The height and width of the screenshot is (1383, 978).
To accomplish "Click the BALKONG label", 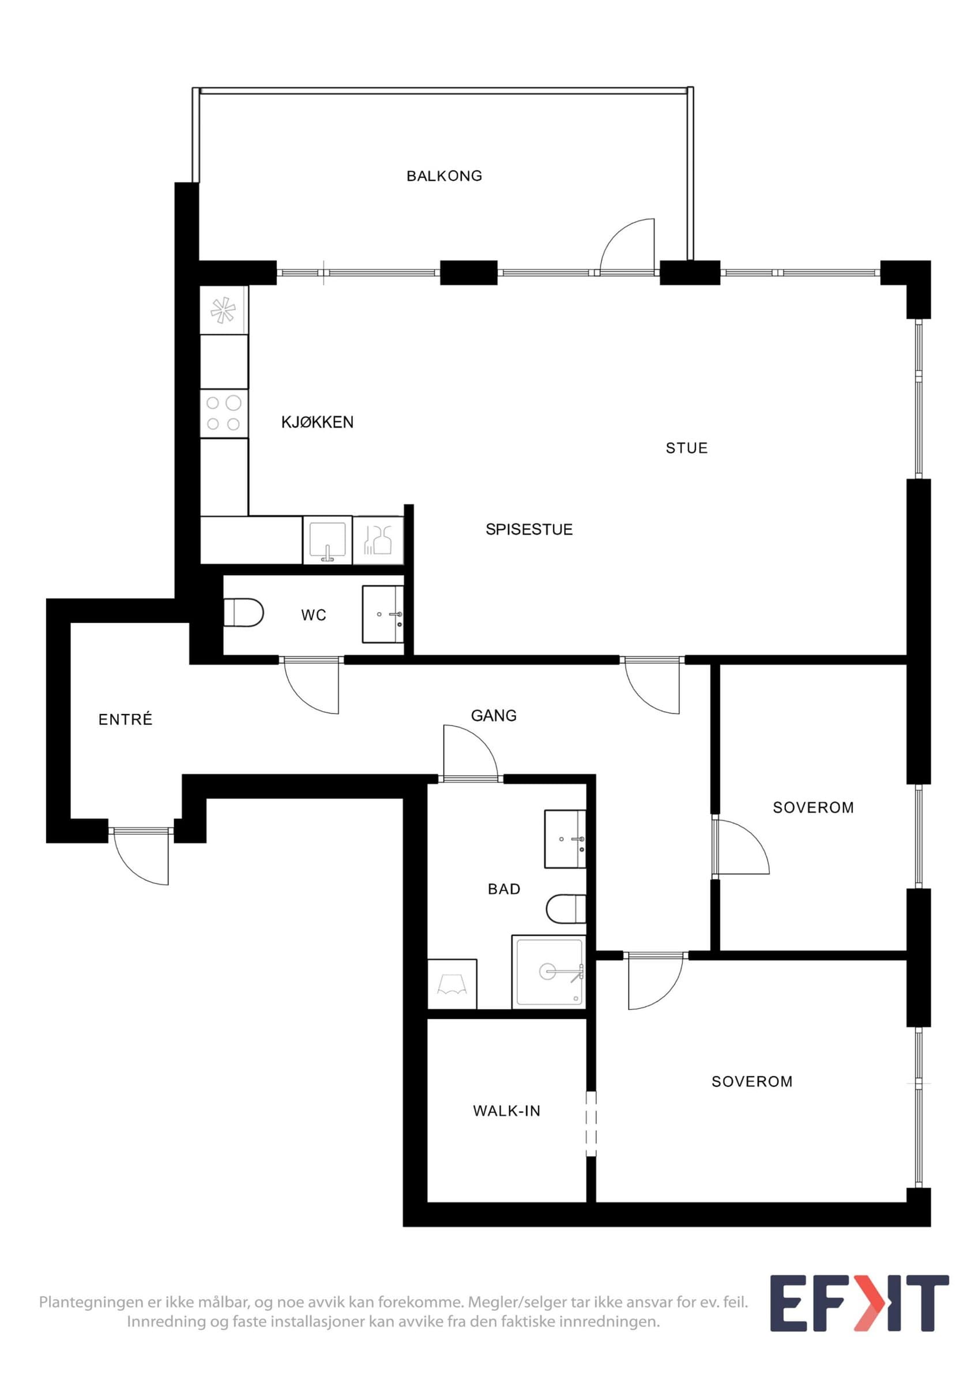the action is coord(444,176).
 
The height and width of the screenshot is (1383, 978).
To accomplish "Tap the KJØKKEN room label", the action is coord(318,422).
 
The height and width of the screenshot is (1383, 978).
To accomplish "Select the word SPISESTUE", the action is coord(529,530).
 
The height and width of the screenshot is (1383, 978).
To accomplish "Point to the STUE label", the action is coord(686,448).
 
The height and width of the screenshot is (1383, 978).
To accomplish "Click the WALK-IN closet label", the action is coord(507,1111).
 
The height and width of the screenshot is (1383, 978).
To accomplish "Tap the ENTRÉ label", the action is coord(125,719).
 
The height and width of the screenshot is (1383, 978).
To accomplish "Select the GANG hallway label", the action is coord(494,716).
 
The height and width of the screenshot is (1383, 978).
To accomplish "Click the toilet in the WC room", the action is coord(243,613).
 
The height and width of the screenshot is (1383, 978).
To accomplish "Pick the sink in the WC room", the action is coord(383,614).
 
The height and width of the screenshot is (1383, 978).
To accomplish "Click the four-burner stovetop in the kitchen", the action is coord(224,413).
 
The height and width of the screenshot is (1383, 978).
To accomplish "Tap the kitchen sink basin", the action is coord(327,541).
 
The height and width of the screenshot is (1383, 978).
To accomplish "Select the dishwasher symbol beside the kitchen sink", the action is coord(378,541).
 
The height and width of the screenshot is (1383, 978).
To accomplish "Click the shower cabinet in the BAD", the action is coord(548,972).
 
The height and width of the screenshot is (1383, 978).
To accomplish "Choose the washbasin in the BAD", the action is coord(565,839).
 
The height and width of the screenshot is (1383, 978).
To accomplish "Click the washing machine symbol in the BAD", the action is coord(452,984).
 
